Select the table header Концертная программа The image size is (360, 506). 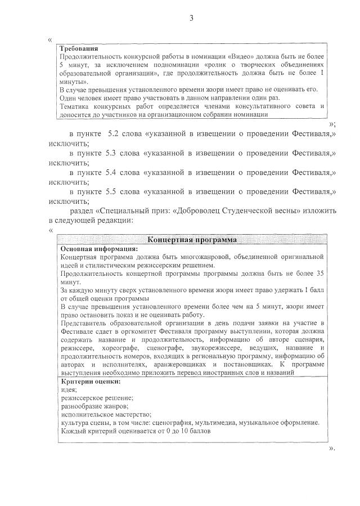191,240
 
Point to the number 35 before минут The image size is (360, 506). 319,272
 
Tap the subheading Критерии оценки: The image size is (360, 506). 90,382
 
